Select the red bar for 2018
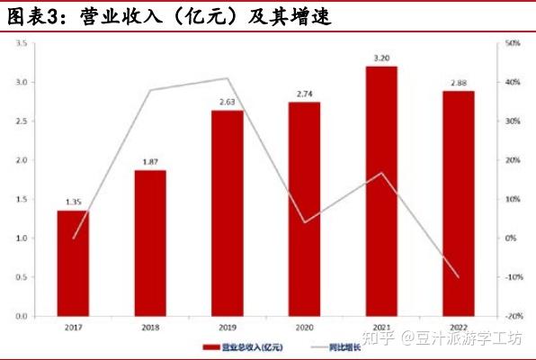pyautogui.click(x=150, y=243)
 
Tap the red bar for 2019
pyautogui.click(x=227, y=213)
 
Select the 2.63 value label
pyautogui.click(x=227, y=103)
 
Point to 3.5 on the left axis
pyautogui.click(x=20, y=43)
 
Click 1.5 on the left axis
pyautogui.click(x=20, y=199)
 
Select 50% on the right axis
pyautogui.click(x=514, y=43)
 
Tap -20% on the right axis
pyautogui.click(x=514, y=317)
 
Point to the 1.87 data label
pyautogui.click(x=150, y=162)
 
